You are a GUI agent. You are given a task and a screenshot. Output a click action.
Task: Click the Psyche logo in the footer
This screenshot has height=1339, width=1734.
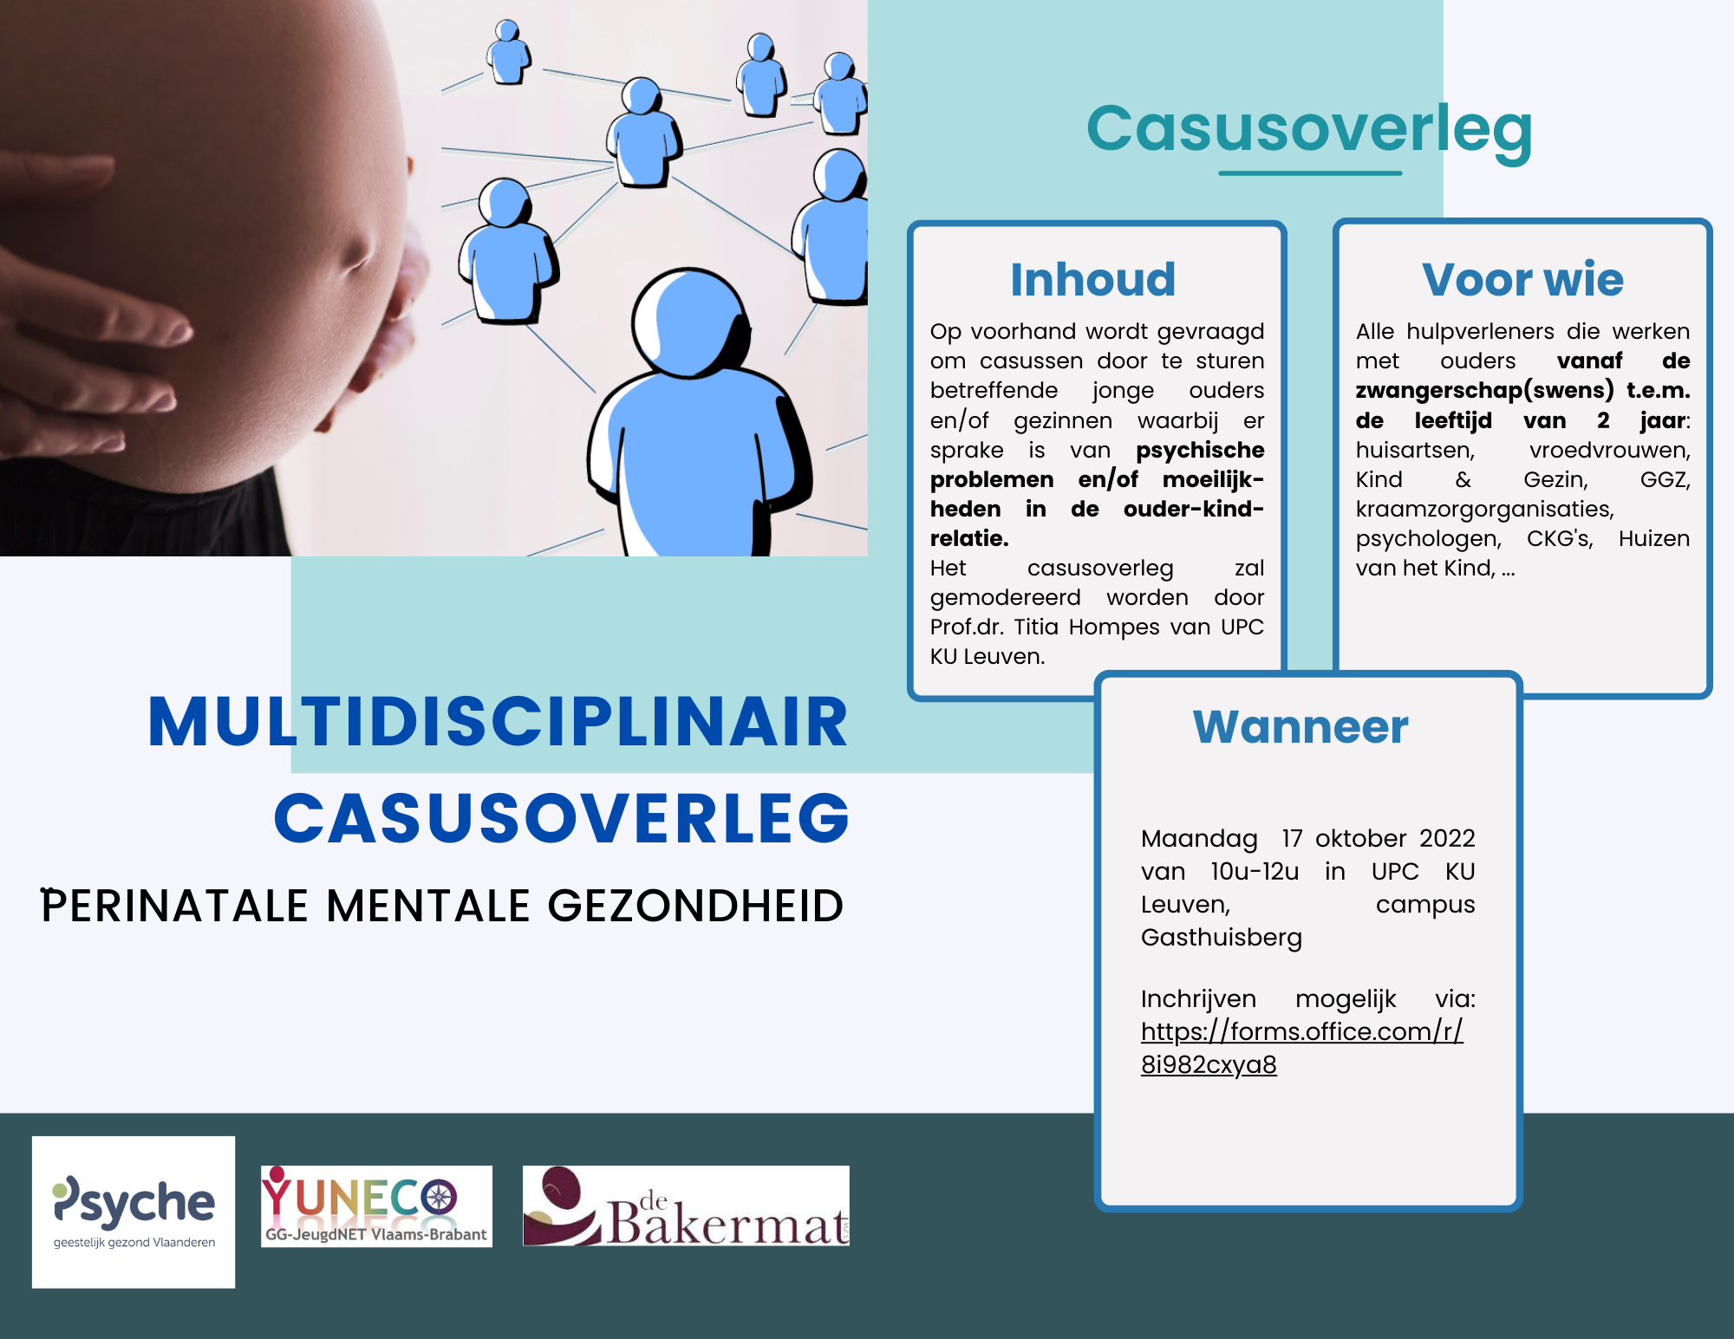click(134, 1212)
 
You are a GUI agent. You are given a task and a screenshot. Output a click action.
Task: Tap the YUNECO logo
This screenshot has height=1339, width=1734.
click(376, 1206)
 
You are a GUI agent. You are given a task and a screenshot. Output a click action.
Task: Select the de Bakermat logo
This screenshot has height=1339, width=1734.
click(686, 1206)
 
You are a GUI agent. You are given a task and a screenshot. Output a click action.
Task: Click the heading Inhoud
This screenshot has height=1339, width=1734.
click(1093, 279)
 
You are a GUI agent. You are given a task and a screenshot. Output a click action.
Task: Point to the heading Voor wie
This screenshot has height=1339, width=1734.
click(1522, 279)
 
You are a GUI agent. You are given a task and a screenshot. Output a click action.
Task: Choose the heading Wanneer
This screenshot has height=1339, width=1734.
click(1300, 726)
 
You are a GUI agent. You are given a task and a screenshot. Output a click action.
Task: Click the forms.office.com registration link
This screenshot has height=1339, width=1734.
click(1301, 1048)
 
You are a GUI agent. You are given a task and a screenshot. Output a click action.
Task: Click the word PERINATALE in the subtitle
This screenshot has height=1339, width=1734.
click(174, 906)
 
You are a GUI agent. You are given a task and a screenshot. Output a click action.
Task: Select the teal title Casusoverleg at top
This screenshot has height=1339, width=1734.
click(1309, 128)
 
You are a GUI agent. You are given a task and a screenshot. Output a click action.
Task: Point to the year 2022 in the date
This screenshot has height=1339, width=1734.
click(1447, 838)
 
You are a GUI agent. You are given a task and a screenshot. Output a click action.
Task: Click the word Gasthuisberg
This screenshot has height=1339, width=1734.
click(1222, 938)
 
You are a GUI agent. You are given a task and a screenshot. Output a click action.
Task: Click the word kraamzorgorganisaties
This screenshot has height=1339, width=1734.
click(1484, 510)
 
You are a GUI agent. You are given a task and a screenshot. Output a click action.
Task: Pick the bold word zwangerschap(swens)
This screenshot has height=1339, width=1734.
click(1484, 391)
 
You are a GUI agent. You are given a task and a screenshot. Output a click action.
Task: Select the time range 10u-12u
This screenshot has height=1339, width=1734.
click(1255, 871)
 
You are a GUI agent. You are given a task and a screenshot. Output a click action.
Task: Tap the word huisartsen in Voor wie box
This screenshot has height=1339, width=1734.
click(1415, 451)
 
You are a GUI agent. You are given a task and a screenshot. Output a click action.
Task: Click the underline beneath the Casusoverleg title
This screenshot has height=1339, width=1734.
click(1310, 173)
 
